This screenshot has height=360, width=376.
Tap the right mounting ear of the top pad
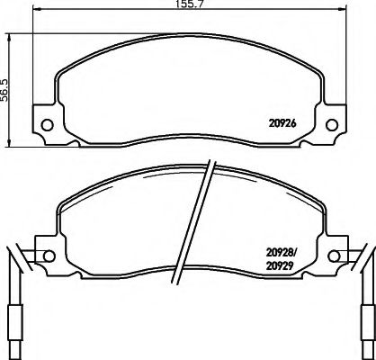click(332, 122)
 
